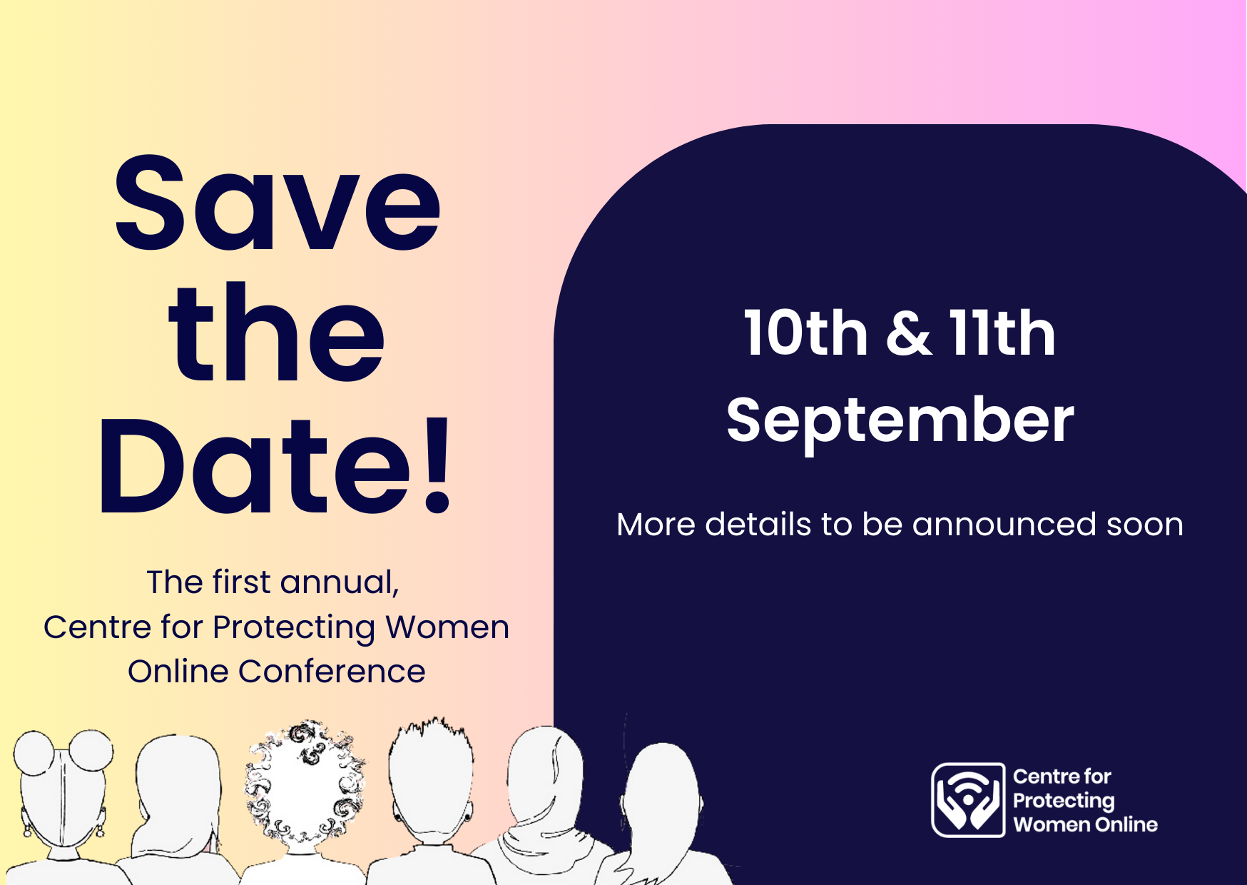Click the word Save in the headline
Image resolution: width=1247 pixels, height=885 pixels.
277,203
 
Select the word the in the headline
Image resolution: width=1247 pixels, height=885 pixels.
277,332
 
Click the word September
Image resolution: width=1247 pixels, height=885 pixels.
900,421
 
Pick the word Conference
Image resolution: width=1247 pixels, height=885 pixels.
332,672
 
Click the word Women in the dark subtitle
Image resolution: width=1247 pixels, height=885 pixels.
447,627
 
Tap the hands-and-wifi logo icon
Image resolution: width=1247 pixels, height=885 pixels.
968,800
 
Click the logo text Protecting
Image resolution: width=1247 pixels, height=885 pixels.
1064,801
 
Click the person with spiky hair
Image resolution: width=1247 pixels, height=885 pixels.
432,799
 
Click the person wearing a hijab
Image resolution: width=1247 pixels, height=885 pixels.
542,806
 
